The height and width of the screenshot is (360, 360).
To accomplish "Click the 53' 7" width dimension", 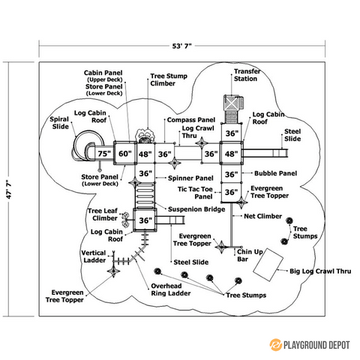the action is (181, 46).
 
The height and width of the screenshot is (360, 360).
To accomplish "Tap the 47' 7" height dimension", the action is (9, 189).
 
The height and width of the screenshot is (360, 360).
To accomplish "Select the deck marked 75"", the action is (104, 154).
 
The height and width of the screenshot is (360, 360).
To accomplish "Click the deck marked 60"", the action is (124, 154).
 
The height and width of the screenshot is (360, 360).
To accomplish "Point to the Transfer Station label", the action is (247, 75).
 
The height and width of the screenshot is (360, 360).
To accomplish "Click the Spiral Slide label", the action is (59, 123).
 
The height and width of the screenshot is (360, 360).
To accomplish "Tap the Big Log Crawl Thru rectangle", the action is (268, 265).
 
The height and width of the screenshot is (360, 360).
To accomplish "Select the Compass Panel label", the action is (191, 120).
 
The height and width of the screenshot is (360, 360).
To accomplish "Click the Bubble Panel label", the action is (275, 173).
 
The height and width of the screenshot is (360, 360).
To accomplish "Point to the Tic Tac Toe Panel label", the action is (195, 193).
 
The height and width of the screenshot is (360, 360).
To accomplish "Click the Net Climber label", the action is (262, 216).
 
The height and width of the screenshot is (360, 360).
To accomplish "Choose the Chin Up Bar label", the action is (250, 255).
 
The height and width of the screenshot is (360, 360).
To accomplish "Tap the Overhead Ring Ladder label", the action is (171, 289).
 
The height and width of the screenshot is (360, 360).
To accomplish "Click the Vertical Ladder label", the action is (94, 256).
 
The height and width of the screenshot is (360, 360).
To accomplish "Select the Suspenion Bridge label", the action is (196, 209).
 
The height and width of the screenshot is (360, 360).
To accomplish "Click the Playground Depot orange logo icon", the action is (275, 345).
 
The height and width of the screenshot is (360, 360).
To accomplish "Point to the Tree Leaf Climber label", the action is (103, 214).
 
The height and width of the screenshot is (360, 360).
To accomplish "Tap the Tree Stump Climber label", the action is (169, 79).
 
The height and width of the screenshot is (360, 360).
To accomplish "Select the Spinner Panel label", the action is (190, 178).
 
